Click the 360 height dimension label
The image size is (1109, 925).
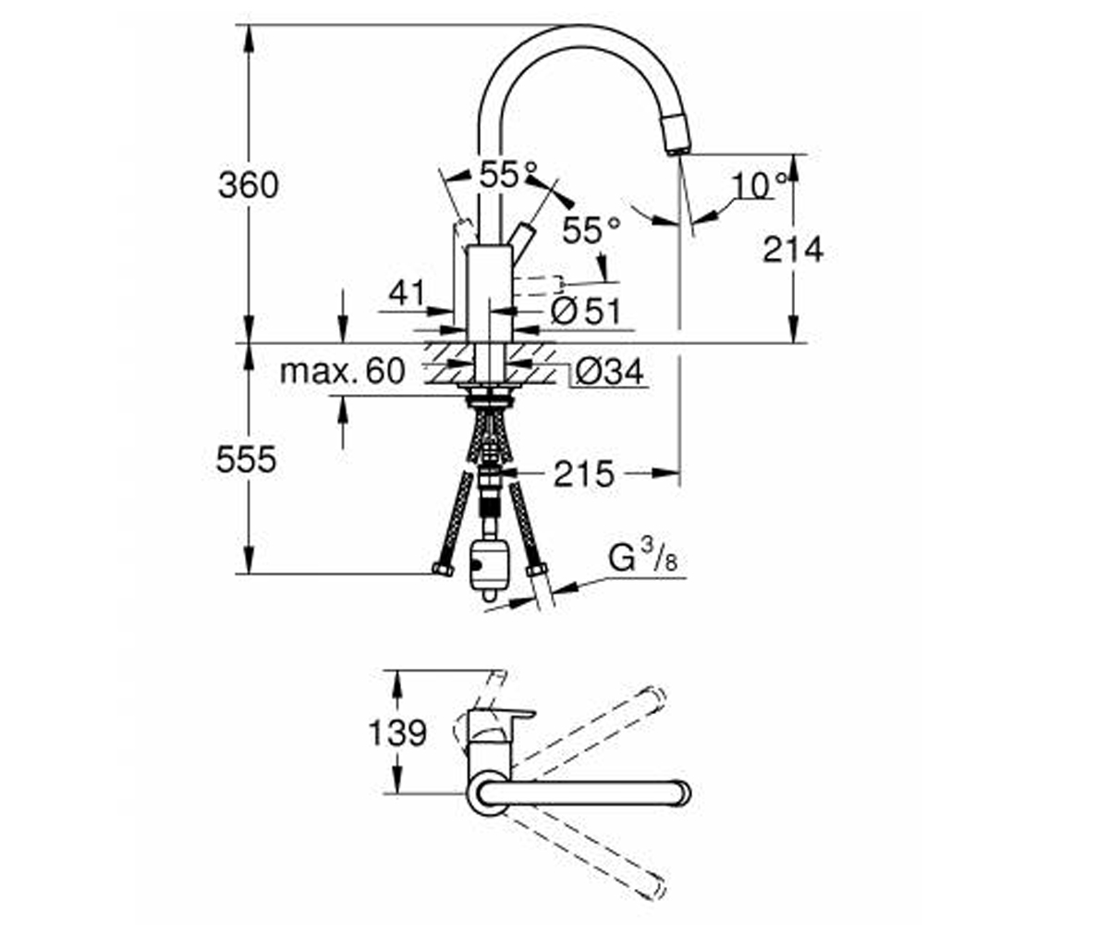tap(248, 186)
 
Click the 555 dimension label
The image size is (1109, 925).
tap(247, 460)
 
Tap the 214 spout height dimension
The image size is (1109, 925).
tap(793, 250)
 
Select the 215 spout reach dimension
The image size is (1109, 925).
tap(584, 474)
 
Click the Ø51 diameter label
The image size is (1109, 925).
tap(585, 311)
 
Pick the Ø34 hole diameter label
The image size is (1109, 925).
tap(609, 372)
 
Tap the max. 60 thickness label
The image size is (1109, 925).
tap(343, 371)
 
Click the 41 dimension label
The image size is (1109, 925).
tap(408, 292)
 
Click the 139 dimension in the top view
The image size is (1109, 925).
tap(397, 733)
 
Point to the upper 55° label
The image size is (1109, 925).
tap(508, 174)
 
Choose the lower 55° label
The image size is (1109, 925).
tap(591, 230)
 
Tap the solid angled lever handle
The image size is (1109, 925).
tap(521, 243)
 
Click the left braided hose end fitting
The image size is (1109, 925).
tap(442, 570)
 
